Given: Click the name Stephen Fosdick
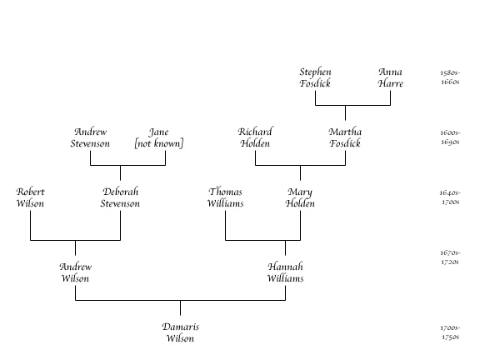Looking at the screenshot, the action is (315, 77).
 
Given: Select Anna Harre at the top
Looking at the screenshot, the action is (390, 77).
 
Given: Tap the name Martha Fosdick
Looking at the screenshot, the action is (345, 137).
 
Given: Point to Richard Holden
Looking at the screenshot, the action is (255, 137).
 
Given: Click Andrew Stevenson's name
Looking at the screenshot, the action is (90, 137).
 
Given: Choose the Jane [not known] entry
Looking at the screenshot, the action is (159, 137).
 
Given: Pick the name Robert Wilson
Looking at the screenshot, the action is (30, 197).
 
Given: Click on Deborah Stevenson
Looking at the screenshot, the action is (120, 197).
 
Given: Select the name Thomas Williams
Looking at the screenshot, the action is (226, 197).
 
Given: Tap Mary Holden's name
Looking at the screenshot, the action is (300, 197).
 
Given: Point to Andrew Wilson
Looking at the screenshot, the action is (75, 272).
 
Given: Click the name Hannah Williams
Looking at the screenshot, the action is (285, 272).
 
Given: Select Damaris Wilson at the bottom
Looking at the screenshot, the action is (180, 332).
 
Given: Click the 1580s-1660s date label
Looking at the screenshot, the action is (450, 77).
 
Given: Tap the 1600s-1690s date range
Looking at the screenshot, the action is (450, 137).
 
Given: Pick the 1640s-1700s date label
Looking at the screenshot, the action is (450, 197).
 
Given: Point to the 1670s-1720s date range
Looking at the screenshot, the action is (450, 257).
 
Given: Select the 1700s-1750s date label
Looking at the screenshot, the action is (450, 332).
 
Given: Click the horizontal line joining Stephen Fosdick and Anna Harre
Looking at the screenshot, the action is (353, 105).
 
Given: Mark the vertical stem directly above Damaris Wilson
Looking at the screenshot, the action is (180, 307).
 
